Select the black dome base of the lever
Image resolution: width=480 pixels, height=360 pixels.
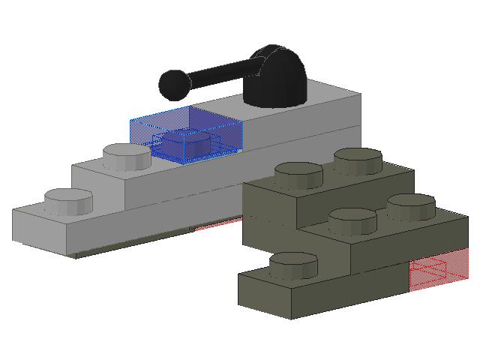[x=277, y=79]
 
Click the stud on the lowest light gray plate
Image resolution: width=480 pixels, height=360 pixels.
[x=68, y=201]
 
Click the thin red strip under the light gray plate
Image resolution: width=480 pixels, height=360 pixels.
[x=217, y=223]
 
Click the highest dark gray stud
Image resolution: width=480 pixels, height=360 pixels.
[x=358, y=160]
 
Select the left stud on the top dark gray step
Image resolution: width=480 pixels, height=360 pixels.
[x=298, y=175]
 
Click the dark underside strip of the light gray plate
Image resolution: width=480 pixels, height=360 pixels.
[x=120, y=248]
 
